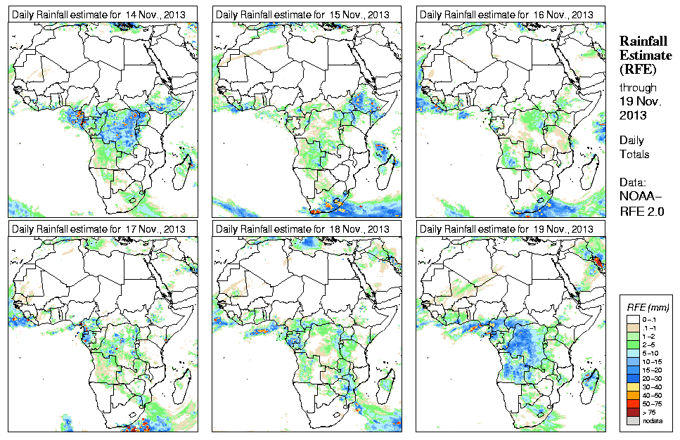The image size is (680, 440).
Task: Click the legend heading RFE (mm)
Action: [x=647, y=307]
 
